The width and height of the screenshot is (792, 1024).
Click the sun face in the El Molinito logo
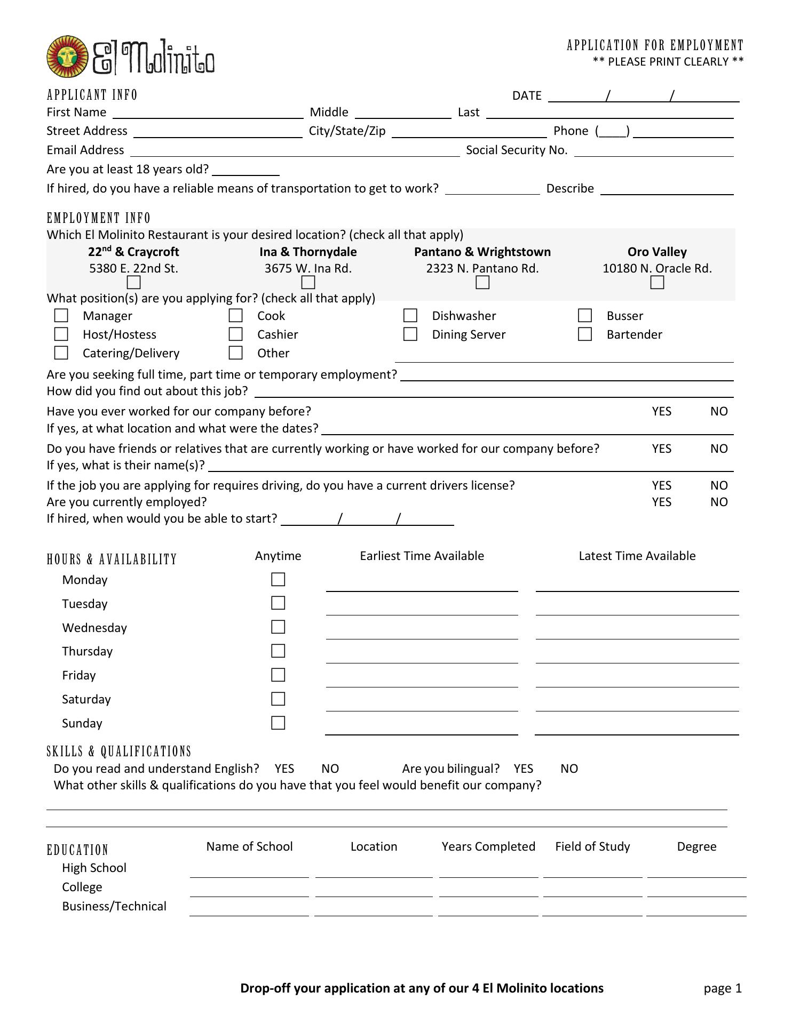[x=67, y=57]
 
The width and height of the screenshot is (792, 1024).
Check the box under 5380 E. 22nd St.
[x=133, y=282]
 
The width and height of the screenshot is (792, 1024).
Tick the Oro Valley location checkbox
[x=657, y=282]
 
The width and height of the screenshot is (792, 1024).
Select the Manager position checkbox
[x=61, y=316]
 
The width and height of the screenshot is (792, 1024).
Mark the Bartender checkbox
[x=585, y=334]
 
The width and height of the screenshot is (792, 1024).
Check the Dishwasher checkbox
[x=410, y=316]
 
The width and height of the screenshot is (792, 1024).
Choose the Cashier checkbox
[x=235, y=334]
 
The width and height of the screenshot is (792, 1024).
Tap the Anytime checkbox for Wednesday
[x=278, y=627]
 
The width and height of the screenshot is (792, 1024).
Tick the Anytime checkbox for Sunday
[x=278, y=723]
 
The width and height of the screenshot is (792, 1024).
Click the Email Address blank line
[x=295, y=151]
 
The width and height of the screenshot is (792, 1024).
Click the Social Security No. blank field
[x=654, y=151]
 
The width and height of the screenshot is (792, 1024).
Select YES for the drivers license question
[x=661, y=485]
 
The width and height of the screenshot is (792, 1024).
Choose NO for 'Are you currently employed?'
[x=719, y=502]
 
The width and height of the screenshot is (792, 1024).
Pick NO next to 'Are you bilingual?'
[x=569, y=769]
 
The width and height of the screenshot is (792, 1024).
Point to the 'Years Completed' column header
[x=488, y=846]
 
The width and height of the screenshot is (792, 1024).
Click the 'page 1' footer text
[x=723, y=988]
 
